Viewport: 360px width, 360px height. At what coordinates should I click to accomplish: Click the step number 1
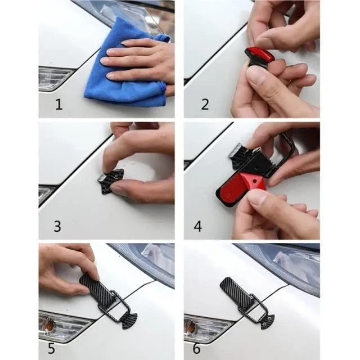[58, 105]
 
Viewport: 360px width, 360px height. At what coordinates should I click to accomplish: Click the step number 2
[205, 105]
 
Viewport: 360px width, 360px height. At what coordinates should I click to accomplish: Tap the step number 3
[57, 227]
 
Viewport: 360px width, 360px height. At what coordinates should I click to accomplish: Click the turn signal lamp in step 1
[53, 78]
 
